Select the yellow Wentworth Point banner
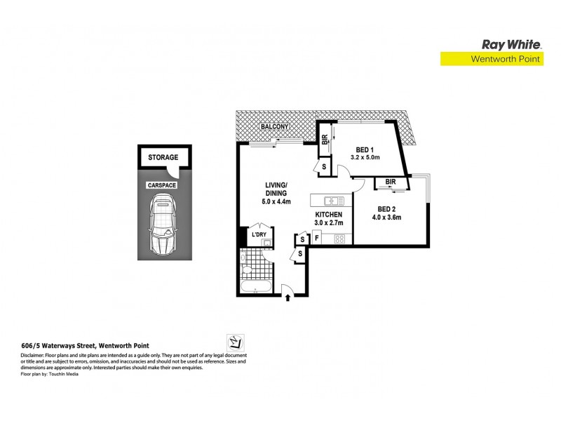(x=491, y=60)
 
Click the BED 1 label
(x=365, y=149)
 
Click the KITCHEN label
(x=328, y=214)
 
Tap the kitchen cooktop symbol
(x=339, y=239)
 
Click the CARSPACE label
(x=161, y=185)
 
